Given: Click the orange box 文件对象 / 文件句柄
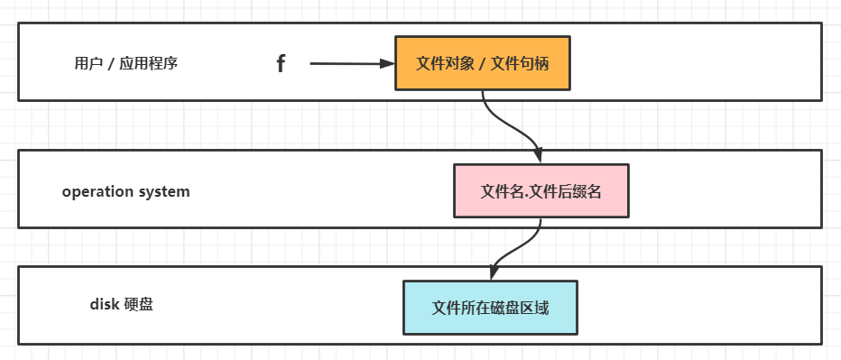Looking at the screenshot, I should pyautogui.click(x=483, y=64).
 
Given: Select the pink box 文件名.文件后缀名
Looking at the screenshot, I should pyautogui.click(x=541, y=191).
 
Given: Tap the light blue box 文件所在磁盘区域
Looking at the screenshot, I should pyautogui.click(x=490, y=308).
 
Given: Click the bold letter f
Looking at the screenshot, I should pyautogui.click(x=281, y=64).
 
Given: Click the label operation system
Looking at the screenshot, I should pyautogui.click(x=125, y=191).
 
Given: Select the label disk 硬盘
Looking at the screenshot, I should pyautogui.click(x=121, y=304).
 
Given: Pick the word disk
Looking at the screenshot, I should pyautogui.click(x=104, y=304).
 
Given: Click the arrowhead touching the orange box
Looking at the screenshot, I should pyautogui.click(x=389, y=64).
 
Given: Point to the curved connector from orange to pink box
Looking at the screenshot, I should pyautogui.click(x=505, y=122).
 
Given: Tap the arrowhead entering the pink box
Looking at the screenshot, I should pyautogui.click(x=539, y=157).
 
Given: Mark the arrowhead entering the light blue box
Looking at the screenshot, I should pyautogui.click(x=493, y=273).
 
